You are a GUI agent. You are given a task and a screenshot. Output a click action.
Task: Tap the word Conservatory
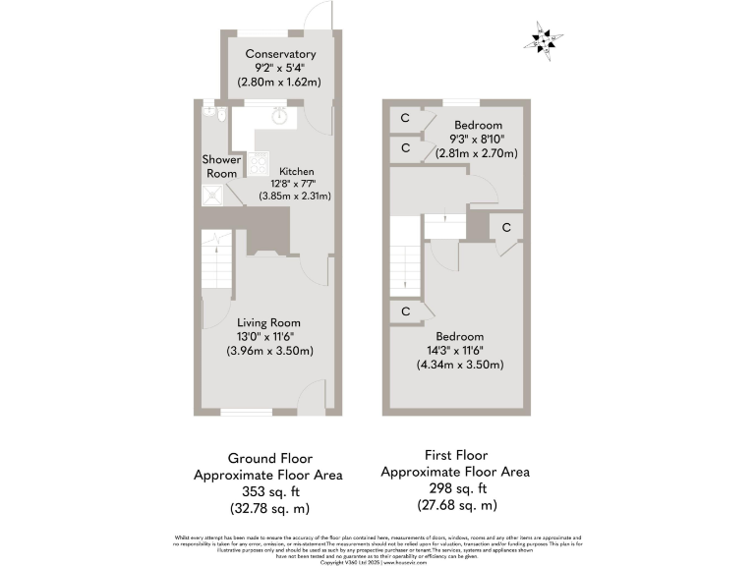(x=280, y=54)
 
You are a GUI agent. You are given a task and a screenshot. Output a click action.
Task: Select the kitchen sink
(x=280, y=115)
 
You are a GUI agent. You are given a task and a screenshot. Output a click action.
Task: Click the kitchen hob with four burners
(x=260, y=162)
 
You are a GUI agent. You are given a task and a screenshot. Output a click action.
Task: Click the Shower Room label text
(x=220, y=166)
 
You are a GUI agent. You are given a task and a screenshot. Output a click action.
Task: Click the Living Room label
(x=268, y=322)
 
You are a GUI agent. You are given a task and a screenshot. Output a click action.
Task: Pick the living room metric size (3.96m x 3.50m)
(x=268, y=350)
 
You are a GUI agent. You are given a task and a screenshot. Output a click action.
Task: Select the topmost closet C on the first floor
(x=404, y=119)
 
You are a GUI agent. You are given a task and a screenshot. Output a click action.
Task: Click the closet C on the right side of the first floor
(x=506, y=228)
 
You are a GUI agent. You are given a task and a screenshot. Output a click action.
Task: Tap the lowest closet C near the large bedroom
(x=404, y=311)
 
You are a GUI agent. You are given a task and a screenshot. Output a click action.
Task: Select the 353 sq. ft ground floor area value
(x=271, y=491)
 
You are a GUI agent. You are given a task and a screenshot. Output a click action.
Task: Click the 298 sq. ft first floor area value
(x=455, y=488)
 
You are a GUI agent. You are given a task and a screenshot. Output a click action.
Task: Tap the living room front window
(x=240, y=413)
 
